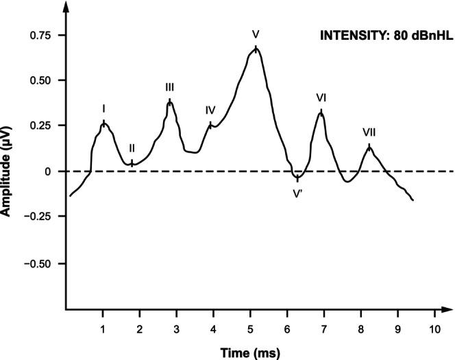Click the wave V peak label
pos(256,33)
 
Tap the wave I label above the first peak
pos(103,108)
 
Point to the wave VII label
pos(369,132)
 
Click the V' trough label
pos(297,193)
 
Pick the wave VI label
pos(321,97)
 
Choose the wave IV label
pos(210,110)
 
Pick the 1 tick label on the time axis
pos(103,328)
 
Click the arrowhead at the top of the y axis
pos(65,7)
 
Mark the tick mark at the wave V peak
pos(256,49)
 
